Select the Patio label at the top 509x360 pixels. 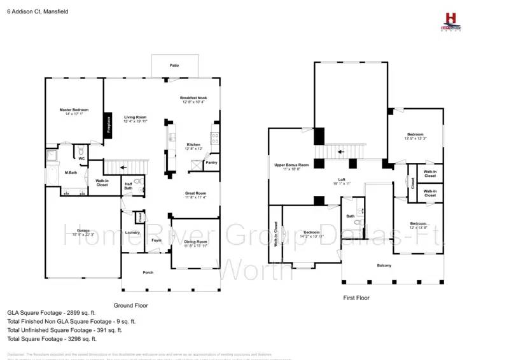tap(174, 65)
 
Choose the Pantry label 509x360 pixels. tap(212, 163)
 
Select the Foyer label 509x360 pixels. tap(157, 240)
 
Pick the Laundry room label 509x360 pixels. tap(132, 233)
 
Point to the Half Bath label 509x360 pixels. tap(129, 186)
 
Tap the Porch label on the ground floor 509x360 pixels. tap(148, 272)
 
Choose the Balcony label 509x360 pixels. tap(384, 265)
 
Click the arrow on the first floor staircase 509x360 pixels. tap(341, 152)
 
